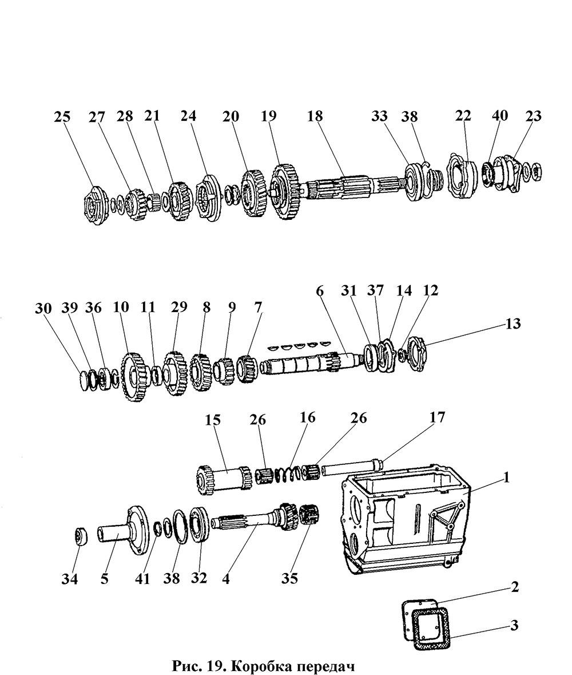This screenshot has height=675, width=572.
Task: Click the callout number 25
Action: tap(62, 117)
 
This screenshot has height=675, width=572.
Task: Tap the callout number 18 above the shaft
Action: tap(315, 116)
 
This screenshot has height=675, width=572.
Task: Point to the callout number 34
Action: tap(69, 579)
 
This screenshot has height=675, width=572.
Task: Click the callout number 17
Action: tap(437, 417)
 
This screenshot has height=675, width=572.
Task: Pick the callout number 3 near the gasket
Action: tap(514, 625)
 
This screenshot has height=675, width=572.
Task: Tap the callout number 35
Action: tap(289, 578)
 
